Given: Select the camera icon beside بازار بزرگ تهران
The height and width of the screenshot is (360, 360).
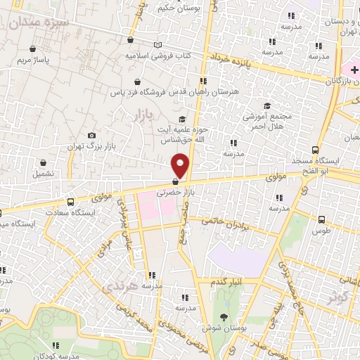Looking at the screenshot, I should click(91, 136).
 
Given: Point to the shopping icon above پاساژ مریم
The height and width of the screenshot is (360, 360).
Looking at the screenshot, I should click(34, 49).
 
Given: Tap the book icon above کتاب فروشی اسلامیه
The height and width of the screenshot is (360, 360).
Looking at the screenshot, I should click(158, 44).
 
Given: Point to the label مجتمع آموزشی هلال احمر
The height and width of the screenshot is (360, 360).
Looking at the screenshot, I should click(264, 120).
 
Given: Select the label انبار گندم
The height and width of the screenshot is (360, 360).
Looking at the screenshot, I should click(228, 282).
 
